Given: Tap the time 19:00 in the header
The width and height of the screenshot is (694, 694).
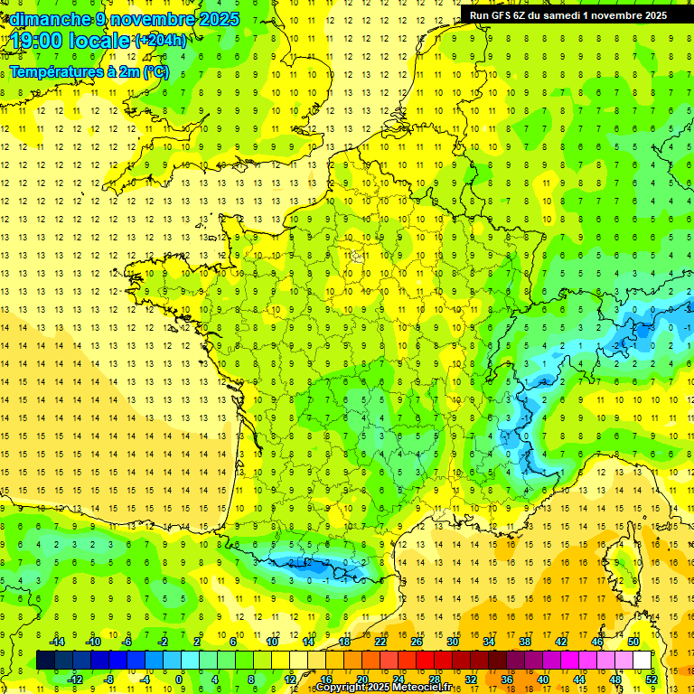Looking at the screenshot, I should coord(37,40).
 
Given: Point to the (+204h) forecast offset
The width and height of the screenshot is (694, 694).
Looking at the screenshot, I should coord(161,40).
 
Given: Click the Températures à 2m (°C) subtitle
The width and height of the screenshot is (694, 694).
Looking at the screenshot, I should coord(89,71).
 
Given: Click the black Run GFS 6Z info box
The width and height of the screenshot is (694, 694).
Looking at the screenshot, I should coord(568,15).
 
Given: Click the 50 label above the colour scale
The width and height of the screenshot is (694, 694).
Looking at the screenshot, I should coord(633,642).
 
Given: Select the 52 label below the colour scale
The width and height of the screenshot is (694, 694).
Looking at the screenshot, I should coord(651,679).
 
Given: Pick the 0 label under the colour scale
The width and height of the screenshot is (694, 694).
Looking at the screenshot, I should coord(179,679).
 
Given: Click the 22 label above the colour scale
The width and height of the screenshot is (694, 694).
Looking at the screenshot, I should coord(380,642).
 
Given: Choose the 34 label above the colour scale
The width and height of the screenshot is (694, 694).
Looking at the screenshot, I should coord(489,642).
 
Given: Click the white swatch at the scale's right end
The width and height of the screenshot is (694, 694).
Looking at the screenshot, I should coord(642,660).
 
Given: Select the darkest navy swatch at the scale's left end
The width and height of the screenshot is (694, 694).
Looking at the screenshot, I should coord(45,660).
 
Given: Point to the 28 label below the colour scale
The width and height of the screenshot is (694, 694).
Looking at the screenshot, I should coord(435,679).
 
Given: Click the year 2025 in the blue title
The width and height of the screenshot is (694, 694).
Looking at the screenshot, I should coord(219,19).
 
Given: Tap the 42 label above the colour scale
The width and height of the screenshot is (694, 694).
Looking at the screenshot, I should coord(561,642).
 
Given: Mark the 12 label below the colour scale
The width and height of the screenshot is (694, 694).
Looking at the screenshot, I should coord(290,679).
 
